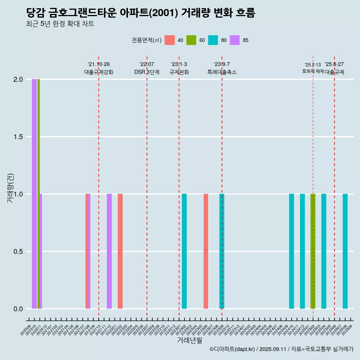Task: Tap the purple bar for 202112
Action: [109, 251]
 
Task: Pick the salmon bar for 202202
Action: [120, 251]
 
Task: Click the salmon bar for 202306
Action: [206, 251]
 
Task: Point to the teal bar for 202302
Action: [184, 251]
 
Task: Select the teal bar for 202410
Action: [291, 251]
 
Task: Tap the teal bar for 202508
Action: [345, 251]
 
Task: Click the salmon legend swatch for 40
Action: [170, 40]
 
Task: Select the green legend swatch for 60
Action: [191, 40]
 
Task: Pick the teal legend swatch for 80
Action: [213, 40]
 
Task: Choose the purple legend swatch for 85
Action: [235, 40]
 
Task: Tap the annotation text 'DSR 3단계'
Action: [147, 72]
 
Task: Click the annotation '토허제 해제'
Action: [313, 71]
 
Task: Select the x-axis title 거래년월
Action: [189, 340]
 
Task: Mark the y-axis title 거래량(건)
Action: [10, 188]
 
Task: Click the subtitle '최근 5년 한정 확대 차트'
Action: [60, 24]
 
